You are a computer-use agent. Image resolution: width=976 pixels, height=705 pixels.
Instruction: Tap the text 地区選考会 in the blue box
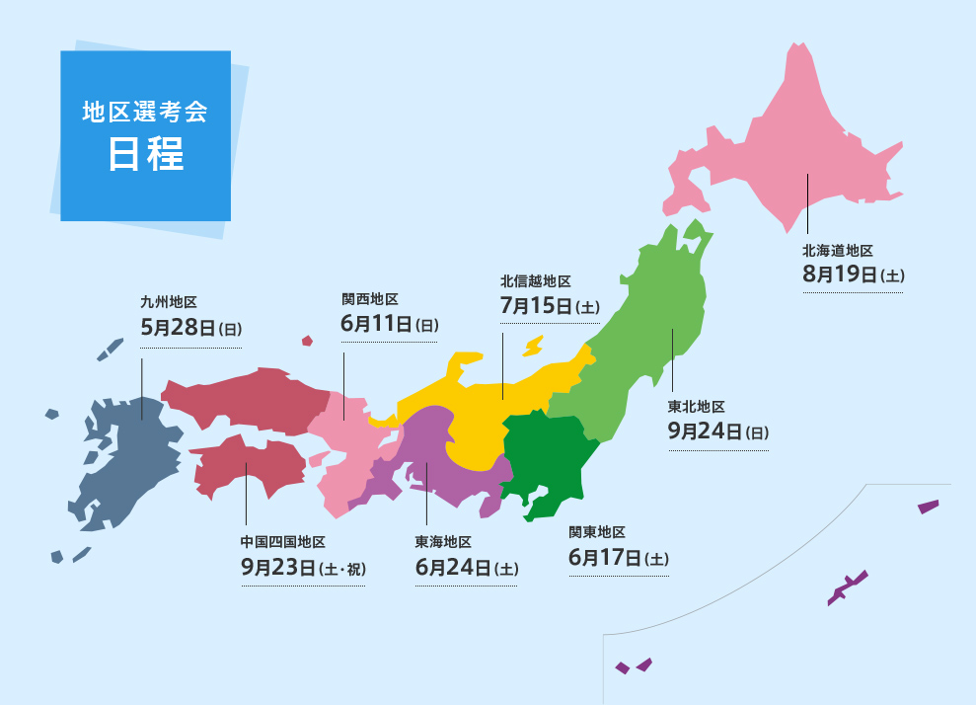click(145, 112)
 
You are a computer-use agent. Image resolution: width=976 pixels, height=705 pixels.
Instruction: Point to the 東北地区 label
click(696, 407)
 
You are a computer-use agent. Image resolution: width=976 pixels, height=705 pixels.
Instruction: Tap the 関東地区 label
click(597, 533)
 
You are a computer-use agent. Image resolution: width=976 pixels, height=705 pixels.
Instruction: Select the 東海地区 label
click(443, 542)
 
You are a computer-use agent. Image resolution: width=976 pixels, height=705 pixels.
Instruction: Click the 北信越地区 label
click(536, 281)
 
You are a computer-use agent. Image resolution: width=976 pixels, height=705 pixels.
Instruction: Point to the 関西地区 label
click(369, 298)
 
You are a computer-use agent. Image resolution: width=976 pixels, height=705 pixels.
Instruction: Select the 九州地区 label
click(169, 303)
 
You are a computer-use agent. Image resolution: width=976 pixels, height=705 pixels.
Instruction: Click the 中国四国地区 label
click(282, 542)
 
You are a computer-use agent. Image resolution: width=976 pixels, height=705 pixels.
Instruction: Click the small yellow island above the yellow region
click(533, 347)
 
